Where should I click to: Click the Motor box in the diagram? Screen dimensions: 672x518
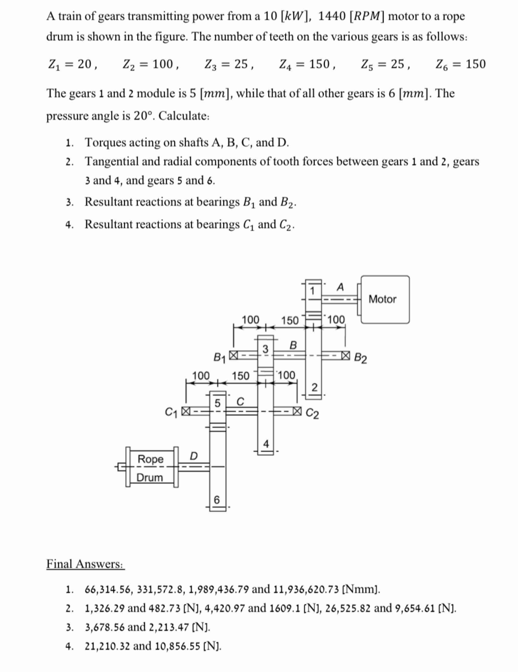(385, 299)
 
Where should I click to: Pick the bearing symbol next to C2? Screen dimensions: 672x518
(297, 411)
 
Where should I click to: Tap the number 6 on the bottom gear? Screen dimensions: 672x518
(217, 500)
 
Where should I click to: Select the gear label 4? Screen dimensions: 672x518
(266, 444)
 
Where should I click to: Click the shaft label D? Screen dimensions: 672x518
(194, 456)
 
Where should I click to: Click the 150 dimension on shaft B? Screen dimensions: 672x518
(290, 321)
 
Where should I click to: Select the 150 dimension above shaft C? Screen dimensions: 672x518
(240, 376)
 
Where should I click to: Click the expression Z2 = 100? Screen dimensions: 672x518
(151, 64)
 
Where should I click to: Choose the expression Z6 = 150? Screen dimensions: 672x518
(460, 64)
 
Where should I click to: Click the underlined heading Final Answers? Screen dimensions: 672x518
(85, 564)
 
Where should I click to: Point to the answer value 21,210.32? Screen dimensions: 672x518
(108, 646)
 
